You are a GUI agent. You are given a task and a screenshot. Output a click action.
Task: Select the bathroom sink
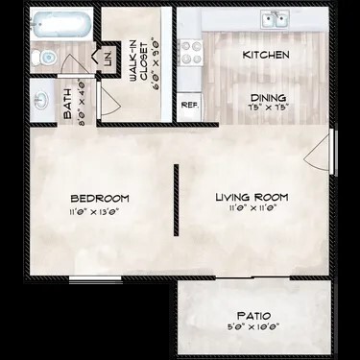pyautogui.click(x=40, y=99)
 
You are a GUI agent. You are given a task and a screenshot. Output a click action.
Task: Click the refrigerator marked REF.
pyautogui.click(x=189, y=105)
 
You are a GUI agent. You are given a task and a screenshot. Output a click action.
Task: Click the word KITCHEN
pyautogui.click(x=266, y=56)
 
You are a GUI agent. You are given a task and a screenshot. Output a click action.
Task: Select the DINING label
pyautogui.click(x=268, y=97)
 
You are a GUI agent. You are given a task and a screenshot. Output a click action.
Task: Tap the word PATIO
pyautogui.click(x=253, y=315)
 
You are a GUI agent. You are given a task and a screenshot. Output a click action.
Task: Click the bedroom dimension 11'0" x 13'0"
pyautogui.click(x=100, y=211)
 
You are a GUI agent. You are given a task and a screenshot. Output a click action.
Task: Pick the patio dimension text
pyautogui.click(x=253, y=327)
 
